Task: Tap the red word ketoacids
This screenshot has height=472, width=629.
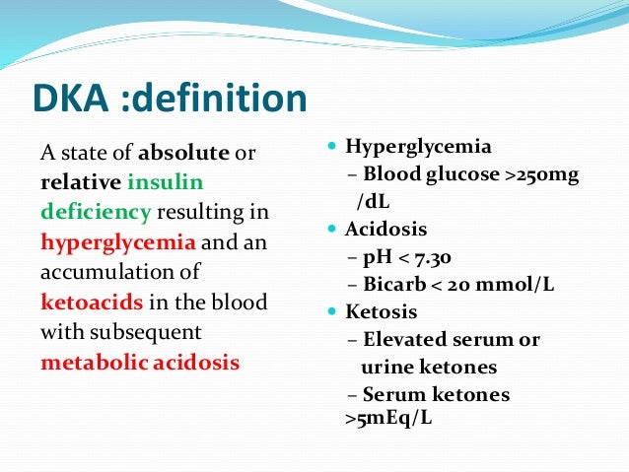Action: [x=88, y=302]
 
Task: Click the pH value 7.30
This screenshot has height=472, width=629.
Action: [x=433, y=258]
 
